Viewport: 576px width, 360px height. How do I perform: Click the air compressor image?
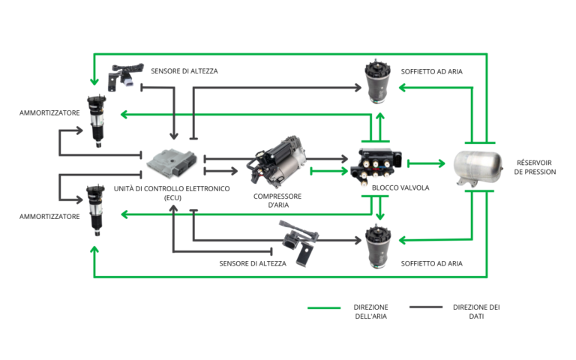click(x=278, y=162)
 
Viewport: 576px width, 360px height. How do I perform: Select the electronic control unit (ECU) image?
click(x=172, y=163)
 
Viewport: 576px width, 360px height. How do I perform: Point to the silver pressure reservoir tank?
click(x=478, y=167)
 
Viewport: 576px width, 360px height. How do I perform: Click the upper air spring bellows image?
click(x=378, y=82)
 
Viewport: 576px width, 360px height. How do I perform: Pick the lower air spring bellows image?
click(x=378, y=246)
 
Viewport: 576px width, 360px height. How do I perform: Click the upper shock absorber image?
click(x=96, y=121)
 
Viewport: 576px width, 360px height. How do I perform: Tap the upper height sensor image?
click(x=125, y=76)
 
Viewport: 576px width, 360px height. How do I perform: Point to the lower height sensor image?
click(x=299, y=242)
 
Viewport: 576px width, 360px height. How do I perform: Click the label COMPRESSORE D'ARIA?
click(x=277, y=200)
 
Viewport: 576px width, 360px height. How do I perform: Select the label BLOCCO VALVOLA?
click(x=400, y=187)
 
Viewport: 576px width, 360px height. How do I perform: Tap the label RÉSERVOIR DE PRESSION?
click(x=535, y=167)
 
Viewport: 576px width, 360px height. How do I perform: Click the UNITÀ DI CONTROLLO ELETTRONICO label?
click(x=172, y=189)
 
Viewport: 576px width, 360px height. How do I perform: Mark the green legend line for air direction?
click(x=324, y=307)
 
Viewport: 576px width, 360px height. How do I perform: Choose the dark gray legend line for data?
click(x=426, y=307)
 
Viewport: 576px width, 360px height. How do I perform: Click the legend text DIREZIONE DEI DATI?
click(x=476, y=311)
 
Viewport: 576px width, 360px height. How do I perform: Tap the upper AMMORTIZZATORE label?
click(x=49, y=113)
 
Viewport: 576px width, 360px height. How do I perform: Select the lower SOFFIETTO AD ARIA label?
click(x=432, y=263)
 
